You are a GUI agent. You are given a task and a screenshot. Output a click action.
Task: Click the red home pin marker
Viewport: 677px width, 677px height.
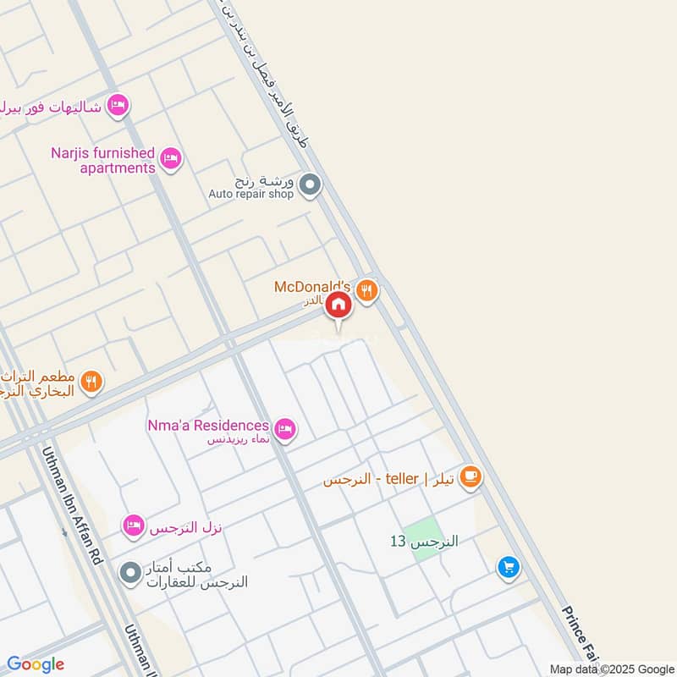point(338,305)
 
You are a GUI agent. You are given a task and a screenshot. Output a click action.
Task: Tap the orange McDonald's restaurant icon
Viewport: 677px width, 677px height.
point(366,290)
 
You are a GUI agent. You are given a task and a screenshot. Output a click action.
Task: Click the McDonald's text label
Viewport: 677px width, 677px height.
point(311,287)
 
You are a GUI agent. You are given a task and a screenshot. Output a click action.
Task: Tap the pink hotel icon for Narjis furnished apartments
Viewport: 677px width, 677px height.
point(171,158)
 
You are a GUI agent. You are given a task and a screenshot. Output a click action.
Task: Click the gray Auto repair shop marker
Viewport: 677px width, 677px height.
point(311,184)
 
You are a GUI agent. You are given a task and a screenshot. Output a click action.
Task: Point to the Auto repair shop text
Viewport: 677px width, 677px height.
point(251,195)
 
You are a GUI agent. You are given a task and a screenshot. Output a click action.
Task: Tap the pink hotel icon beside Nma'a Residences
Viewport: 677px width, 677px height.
point(286,430)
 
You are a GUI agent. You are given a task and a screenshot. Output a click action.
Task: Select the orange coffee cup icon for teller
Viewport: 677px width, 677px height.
point(471,479)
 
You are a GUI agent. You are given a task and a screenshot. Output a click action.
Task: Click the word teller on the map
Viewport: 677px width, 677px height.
point(402,479)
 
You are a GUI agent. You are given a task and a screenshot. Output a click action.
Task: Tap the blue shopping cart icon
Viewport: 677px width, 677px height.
point(508,568)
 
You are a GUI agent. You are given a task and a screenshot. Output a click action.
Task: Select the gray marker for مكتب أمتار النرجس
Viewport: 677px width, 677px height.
point(129,574)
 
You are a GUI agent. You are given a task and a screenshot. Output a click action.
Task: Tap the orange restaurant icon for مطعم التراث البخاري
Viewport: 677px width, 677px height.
point(92,383)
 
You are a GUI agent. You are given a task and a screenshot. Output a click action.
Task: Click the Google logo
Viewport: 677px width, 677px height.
point(36,664)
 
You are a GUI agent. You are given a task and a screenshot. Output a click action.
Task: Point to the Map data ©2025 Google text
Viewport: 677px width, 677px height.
point(610,669)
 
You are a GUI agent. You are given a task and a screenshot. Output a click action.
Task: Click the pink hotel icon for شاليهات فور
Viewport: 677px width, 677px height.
point(118,106)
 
